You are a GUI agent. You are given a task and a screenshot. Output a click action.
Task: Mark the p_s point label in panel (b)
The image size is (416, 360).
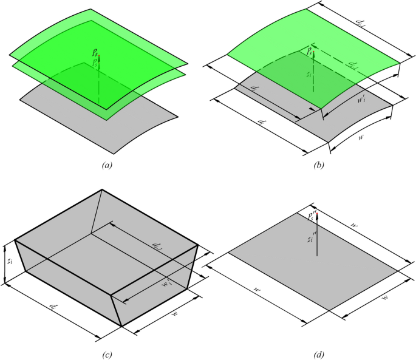coord(310,50)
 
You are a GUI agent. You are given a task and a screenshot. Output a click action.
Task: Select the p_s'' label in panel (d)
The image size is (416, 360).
coord(312,215)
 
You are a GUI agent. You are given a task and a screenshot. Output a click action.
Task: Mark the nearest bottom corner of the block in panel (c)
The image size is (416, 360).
coord(121,326)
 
